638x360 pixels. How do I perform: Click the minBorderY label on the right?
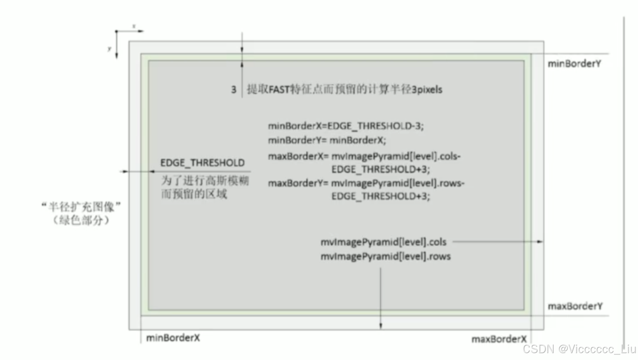click(574, 64)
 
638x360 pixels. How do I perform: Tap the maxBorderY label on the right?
click(575, 306)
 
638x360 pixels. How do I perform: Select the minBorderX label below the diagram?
click(173, 338)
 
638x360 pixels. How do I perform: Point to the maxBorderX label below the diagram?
click(499, 339)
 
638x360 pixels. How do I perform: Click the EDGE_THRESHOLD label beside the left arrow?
click(202, 163)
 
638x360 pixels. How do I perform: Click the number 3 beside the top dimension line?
click(234, 90)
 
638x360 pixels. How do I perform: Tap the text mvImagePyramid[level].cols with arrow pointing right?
click(383, 242)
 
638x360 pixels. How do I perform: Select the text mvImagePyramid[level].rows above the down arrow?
click(385, 257)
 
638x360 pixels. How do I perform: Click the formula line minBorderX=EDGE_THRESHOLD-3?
click(346, 126)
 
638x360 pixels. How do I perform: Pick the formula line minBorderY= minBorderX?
click(327, 140)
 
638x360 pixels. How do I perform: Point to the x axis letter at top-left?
click(134, 27)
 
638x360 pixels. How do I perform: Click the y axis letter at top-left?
click(109, 49)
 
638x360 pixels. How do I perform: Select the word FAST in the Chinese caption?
click(279, 90)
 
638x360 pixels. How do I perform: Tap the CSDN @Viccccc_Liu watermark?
click(579, 349)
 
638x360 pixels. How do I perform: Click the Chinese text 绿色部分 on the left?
click(81, 221)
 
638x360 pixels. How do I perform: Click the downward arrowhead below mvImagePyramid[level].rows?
click(380, 326)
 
